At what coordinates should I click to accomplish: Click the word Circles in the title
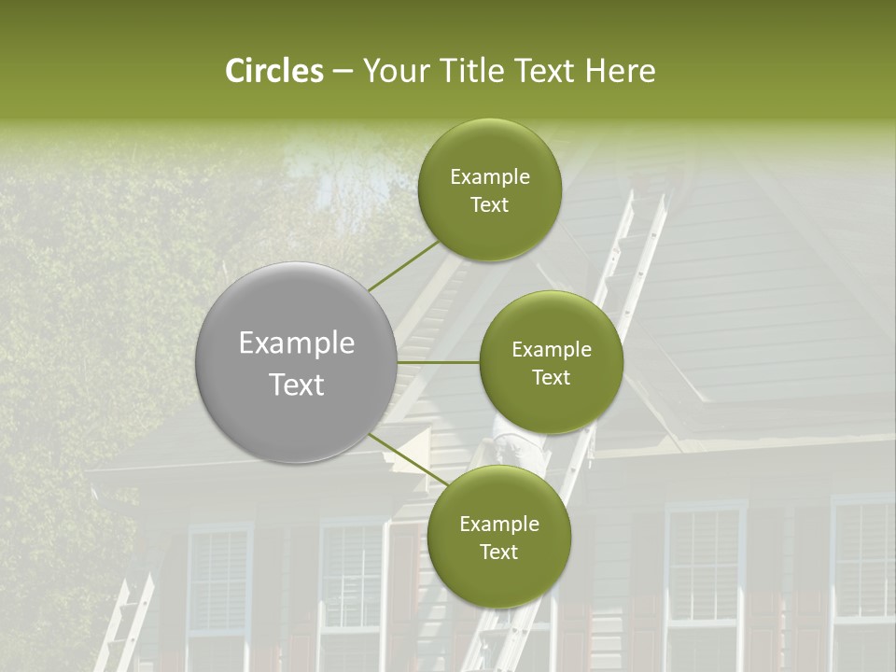coord(274,71)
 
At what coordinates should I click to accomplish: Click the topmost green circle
coord(489,190)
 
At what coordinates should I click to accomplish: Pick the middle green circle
coord(551,362)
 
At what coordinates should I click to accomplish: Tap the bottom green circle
coord(498,537)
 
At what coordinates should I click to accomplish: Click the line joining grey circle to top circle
coord(403,265)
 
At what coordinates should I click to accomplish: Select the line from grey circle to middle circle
coord(439,362)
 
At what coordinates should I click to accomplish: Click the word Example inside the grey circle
coord(297,343)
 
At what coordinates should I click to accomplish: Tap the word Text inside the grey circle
coord(297,385)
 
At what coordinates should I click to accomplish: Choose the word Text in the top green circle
coord(489,204)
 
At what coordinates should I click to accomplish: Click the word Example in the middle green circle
coord(551,349)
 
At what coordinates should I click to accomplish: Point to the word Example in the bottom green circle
coord(498,524)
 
